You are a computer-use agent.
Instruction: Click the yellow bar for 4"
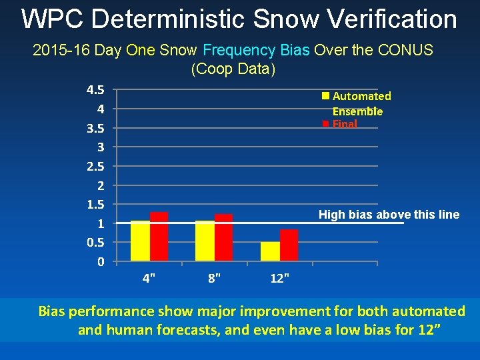pos(140,241)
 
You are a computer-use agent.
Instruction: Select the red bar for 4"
pos(159,236)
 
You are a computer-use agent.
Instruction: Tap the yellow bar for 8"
pos(205,241)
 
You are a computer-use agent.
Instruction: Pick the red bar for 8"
pos(224,237)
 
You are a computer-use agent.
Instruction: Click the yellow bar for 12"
pos(270,251)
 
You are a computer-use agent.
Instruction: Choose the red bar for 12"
pos(289,245)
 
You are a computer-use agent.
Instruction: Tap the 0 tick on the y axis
pos(100,261)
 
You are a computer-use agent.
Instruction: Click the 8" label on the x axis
pos(215,279)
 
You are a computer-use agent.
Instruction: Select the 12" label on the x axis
pos(280,279)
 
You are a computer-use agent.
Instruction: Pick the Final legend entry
pos(344,124)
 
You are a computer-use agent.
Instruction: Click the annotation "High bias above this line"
pos(389,214)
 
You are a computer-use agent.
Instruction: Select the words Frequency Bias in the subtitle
pos(256,50)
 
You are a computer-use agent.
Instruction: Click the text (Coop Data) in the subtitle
pos(233,69)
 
